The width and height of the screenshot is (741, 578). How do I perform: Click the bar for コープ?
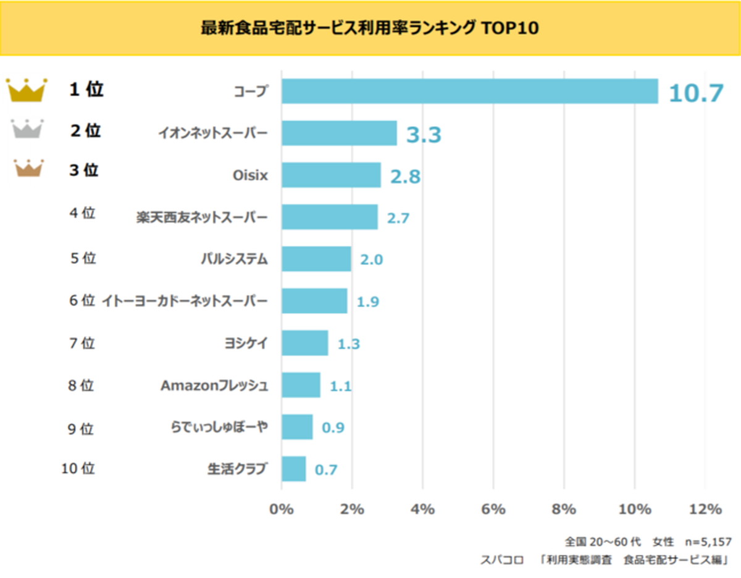[469, 91]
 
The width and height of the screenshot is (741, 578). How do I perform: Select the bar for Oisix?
[331, 175]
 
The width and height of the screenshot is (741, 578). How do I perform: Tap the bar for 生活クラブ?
[293, 469]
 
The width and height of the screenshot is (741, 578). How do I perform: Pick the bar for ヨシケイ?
[304, 343]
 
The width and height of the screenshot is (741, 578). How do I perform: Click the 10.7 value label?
[695, 93]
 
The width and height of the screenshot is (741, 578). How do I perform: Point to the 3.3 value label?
[424, 135]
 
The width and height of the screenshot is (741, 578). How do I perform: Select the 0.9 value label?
[333, 427]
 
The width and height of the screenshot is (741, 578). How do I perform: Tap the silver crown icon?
[27, 128]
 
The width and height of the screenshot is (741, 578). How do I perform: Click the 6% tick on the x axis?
[493, 509]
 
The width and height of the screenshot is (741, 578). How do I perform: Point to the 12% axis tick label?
[706, 509]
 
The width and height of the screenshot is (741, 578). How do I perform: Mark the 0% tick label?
[282, 509]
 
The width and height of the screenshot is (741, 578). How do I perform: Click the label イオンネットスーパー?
[212, 132]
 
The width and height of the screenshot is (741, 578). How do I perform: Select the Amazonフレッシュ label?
[214, 385]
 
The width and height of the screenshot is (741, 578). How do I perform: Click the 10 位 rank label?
[78, 469]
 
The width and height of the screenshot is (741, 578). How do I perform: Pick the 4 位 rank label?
[82, 214]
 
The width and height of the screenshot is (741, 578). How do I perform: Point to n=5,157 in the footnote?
[708, 542]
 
